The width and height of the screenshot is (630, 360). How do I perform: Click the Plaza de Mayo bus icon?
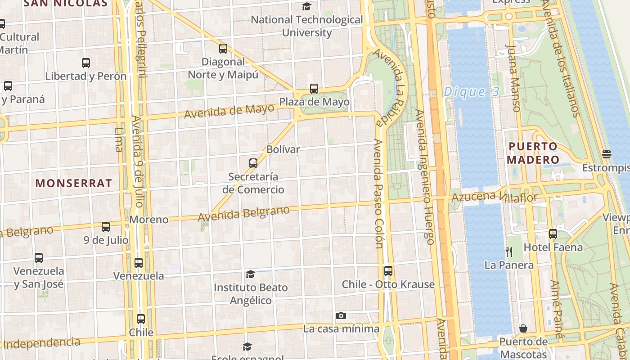[314, 89]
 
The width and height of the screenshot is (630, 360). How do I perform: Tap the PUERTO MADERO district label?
[533, 153]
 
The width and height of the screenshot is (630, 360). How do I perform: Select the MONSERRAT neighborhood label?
[73, 183]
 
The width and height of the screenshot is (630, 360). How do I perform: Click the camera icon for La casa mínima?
[341, 316]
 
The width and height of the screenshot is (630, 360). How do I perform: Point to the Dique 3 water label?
[471, 92]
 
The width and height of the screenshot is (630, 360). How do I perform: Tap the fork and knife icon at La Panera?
[509, 252]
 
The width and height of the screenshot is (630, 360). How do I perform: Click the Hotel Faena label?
[553, 247]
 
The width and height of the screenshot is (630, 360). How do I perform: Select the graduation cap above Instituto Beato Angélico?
[250, 274]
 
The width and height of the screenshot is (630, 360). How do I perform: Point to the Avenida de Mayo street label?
[229, 111]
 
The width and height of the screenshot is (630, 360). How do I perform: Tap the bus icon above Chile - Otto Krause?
[388, 271]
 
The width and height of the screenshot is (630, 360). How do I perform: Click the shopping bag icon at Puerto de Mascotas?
[523, 328]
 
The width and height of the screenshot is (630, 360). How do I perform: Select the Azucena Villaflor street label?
[494, 197]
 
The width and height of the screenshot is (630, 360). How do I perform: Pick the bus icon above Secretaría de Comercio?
[253, 163]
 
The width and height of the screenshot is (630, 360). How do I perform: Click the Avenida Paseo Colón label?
[378, 193]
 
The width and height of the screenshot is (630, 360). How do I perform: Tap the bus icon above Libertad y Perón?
[86, 63]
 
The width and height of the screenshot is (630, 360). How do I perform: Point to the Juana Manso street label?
[513, 78]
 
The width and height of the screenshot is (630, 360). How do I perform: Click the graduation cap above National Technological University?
[306, 6]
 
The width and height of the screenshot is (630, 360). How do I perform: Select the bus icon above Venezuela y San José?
[39, 258]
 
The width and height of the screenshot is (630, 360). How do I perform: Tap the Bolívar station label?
[283, 149]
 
